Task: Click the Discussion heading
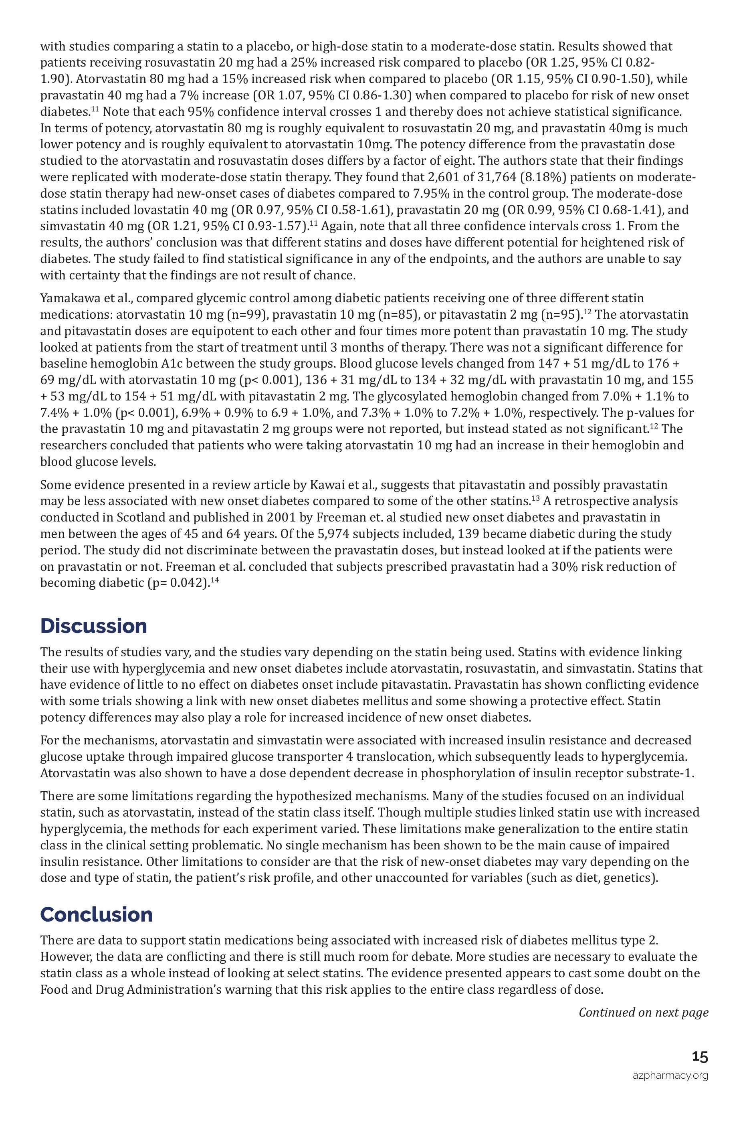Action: (x=94, y=626)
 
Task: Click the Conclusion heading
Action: (x=97, y=914)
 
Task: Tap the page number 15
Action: (x=700, y=1057)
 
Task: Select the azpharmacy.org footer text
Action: (x=670, y=1076)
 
